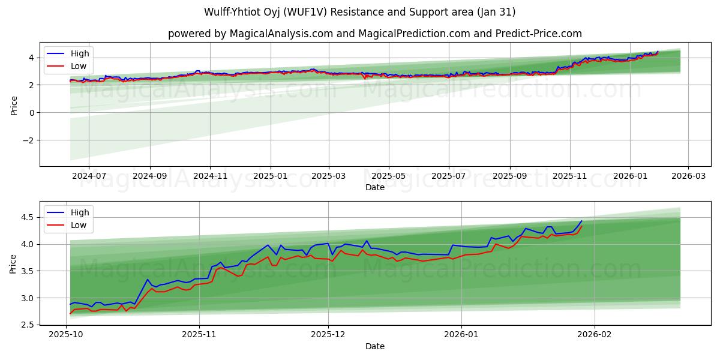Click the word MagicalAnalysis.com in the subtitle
pyautogui.click(x=281, y=34)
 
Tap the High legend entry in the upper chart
pyautogui.click(x=79, y=53)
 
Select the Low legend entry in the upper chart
pyautogui.click(x=79, y=66)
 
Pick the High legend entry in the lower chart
pyautogui.click(x=79, y=212)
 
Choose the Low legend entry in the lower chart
pyautogui.click(x=79, y=225)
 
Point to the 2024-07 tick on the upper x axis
pyautogui.click(x=89, y=176)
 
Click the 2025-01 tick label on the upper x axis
pyautogui.click(x=270, y=176)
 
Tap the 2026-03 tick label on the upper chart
pyautogui.click(x=688, y=176)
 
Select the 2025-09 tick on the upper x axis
pyautogui.click(x=509, y=176)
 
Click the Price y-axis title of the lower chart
pyautogui.click(x=13, y=263)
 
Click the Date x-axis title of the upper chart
pyautogui.click(x=374, y=187)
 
